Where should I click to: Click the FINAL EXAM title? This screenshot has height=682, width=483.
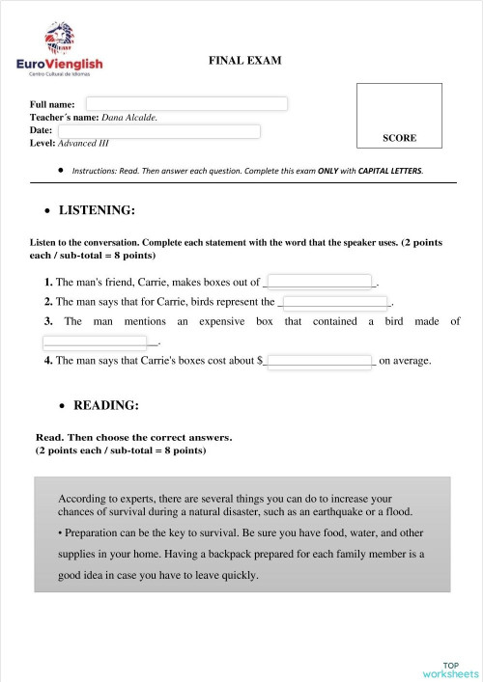[245, 61]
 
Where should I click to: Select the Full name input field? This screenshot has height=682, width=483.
[186, 104]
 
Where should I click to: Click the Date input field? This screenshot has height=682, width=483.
[159, 131]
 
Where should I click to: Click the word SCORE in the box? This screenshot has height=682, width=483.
[399, 138]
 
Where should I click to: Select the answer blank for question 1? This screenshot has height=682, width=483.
[319, 283]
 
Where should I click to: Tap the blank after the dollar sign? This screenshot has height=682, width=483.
[320, 361]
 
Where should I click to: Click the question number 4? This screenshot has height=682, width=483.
[48, 361]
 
